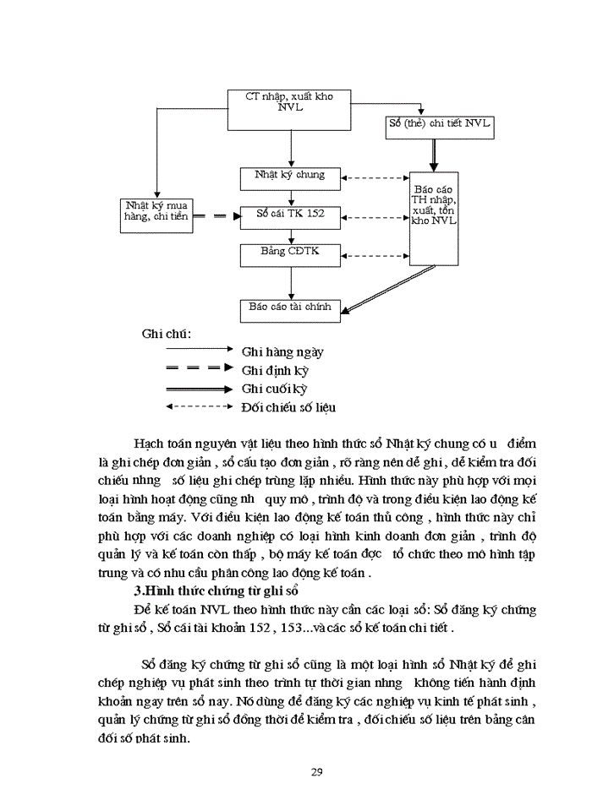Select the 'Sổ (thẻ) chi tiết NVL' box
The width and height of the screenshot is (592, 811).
[437, 126]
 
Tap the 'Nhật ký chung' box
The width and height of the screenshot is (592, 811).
[289, 177]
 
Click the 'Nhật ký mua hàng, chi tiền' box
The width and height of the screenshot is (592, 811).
[156, 212]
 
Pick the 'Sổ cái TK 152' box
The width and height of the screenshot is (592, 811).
[289, 215]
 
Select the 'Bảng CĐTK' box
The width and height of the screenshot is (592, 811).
[289, 253]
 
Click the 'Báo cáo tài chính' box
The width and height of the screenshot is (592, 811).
[289, 308]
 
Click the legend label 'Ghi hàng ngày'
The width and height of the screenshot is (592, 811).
[282, 351]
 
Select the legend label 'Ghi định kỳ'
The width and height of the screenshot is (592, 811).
[276, 370]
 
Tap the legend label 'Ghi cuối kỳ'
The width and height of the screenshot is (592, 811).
[274, 389]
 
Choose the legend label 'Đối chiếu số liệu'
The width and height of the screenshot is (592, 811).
[288, 407]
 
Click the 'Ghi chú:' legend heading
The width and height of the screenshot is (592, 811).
[167, 333]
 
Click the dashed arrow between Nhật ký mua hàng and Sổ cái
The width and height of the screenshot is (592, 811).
[216, 216]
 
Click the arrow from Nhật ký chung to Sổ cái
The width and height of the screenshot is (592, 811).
[290, 196]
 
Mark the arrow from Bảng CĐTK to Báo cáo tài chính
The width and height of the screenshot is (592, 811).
[290, 280]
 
